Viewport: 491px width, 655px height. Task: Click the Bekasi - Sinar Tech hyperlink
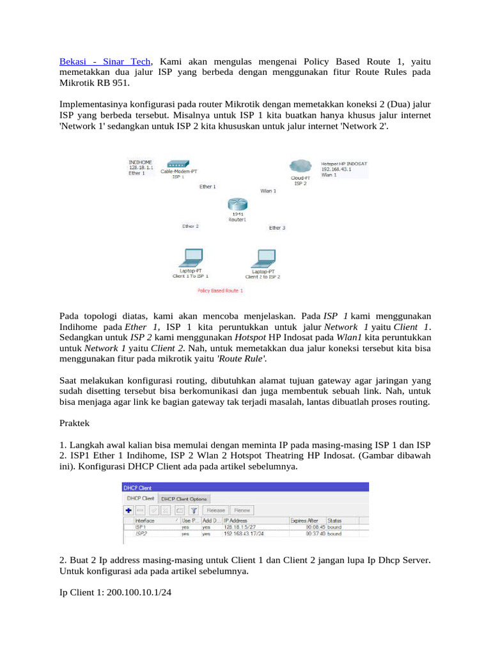point(105,61)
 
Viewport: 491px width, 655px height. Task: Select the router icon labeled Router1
point(237,205)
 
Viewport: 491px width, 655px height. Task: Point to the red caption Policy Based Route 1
point(221,290)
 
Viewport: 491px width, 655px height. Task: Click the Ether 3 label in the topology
point(277,227)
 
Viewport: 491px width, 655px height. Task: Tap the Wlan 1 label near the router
point(268,191)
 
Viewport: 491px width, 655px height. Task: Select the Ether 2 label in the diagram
point(191,226)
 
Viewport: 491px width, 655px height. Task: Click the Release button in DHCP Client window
point(215,510)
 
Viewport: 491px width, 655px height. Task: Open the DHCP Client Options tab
point(183,498)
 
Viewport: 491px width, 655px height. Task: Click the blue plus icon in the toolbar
point(129,510)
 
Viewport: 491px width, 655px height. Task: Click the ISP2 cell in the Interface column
point(141,533)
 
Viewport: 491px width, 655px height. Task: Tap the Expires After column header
point(304,521)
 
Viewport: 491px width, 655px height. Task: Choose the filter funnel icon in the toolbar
point(194,510)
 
